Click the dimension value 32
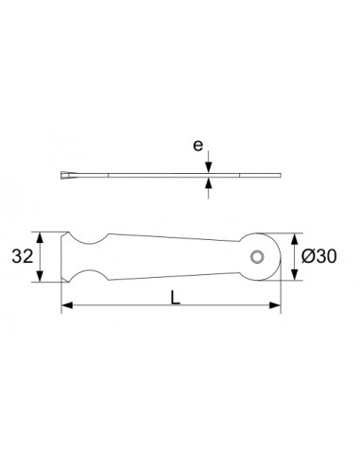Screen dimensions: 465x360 click(x=24, y=256)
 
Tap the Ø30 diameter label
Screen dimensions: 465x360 click(x=321, y=256)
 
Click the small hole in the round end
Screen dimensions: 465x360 click(x=257, y=256)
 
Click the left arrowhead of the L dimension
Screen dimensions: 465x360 click(x=66, y=305)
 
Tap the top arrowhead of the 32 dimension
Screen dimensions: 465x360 click(x=40, y=235)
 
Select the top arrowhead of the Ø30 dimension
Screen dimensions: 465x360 click(x=296, y=238)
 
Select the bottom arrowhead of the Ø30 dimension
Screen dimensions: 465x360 click(x=296, y=276)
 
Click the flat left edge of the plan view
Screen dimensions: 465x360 click(x=62, y=256)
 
